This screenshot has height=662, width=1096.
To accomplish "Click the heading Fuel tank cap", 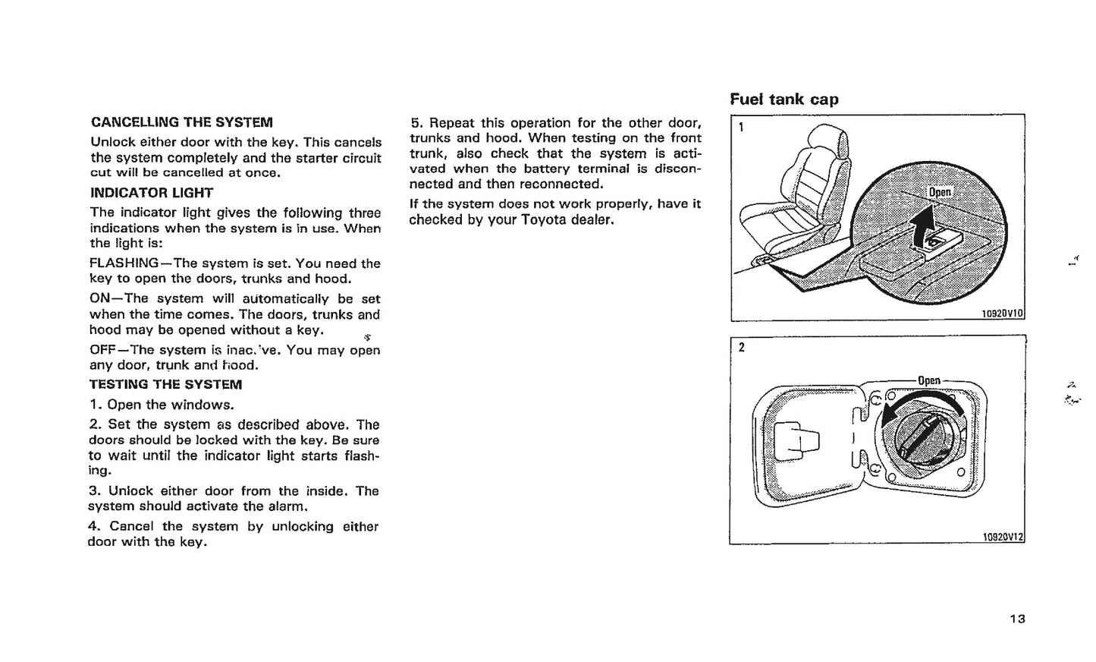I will [x=784, y=99].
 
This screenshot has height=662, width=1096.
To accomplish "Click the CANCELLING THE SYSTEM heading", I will [x=181, y=122].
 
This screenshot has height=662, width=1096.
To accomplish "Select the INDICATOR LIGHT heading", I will [x=152, y=193].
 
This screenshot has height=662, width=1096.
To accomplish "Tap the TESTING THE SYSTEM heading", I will [x=165, y=385].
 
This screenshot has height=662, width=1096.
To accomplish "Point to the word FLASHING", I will [x=124, y=263].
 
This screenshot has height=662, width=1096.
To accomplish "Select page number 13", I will [x=1017, y=619].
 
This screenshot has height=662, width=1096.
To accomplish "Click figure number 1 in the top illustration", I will [x=741, y=127].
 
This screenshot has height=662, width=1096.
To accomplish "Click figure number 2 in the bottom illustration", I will [x=741, y=348].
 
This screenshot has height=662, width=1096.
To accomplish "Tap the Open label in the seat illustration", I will [x=940, y=192].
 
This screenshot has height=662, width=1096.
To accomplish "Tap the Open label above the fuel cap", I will [x=928, y=381].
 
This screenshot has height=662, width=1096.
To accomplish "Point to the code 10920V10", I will [x=1002, y=314].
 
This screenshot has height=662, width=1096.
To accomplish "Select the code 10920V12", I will [x=1002, y=537].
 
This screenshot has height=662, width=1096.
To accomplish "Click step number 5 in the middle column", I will [x=415, y=123].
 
